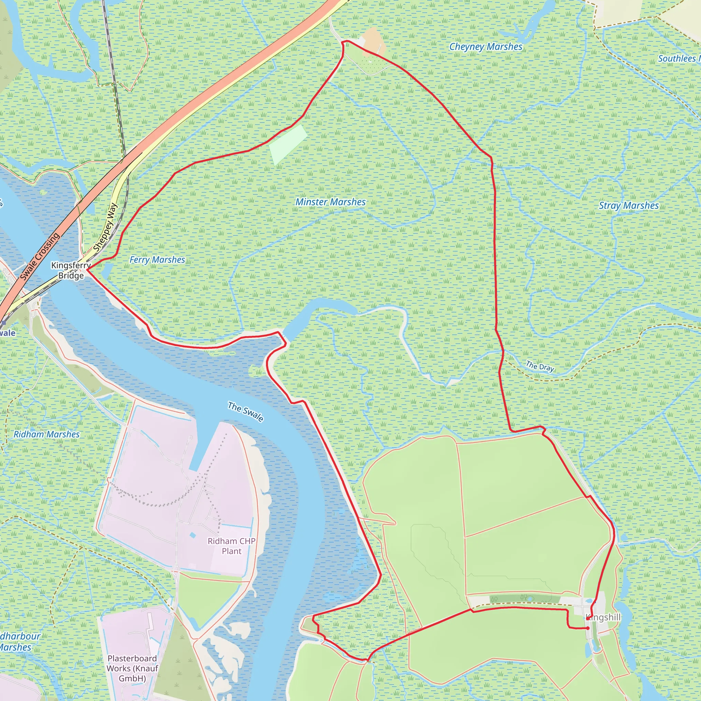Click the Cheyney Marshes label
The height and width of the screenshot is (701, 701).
[485, 47]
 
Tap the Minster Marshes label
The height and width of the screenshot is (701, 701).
[331, 202]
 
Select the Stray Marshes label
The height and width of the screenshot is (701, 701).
[628, 206]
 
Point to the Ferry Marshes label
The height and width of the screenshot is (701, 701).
[157, 260]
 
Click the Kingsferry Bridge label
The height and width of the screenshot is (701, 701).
[71, 270]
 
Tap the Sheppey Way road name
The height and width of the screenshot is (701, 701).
[105, 228]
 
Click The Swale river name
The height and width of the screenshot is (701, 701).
[245, 411]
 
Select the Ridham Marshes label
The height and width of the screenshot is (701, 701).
[47, 434]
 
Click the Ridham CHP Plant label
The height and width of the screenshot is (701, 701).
[231, 546]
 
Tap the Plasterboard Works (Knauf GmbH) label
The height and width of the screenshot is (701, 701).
[132, 668]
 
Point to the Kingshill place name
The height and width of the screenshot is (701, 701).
[603, 617]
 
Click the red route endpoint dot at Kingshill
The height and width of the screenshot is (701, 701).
[587, 628]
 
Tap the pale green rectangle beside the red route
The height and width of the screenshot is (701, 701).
[288, 144]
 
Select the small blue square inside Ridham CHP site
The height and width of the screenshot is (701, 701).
[192, 535]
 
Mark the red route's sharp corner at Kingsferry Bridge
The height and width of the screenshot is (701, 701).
[87, 270]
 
